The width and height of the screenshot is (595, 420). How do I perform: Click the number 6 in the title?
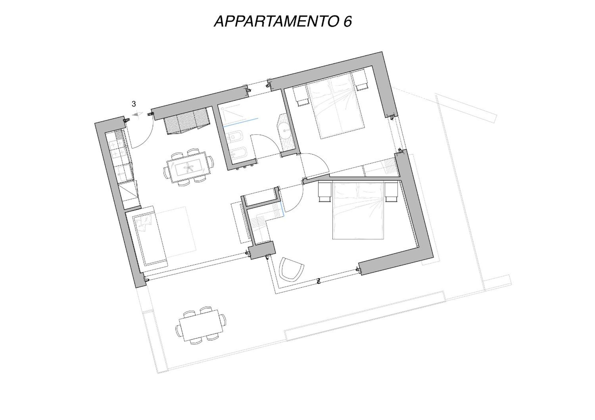pyautogui.click(x=348, y=21)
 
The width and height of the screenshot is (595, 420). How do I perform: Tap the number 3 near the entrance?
pyautogui.click(x=134, y=104)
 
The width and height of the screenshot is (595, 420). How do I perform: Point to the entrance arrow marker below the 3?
pyautogui.click(x=137, y=114)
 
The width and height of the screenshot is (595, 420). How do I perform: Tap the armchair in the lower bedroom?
pyautogui.click(x=291, y=270)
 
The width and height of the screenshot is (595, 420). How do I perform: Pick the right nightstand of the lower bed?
pyautogui.click(x=391, y=191)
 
